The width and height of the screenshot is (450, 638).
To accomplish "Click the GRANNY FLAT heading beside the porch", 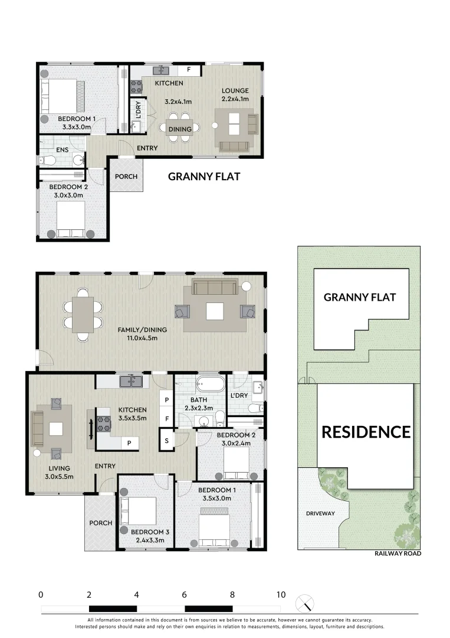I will pos(204,176).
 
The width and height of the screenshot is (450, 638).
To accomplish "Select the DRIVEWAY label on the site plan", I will pos(320,513).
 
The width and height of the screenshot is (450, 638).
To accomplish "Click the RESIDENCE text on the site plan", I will pos(366,432).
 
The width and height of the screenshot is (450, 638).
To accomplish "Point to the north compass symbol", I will pos(307,603).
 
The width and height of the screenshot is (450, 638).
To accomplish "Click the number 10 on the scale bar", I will pos(281,595).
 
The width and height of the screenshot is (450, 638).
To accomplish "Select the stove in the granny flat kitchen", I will pos(136,87).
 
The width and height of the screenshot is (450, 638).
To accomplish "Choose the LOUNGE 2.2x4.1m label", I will pos(235,95).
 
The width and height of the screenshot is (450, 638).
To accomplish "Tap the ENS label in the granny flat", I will pos(62,150).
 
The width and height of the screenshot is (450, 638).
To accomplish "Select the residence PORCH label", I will pos(100,523).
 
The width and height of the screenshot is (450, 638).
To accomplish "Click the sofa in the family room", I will pos(215,288).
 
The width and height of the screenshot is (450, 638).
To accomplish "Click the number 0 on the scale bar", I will pos(41,595).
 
